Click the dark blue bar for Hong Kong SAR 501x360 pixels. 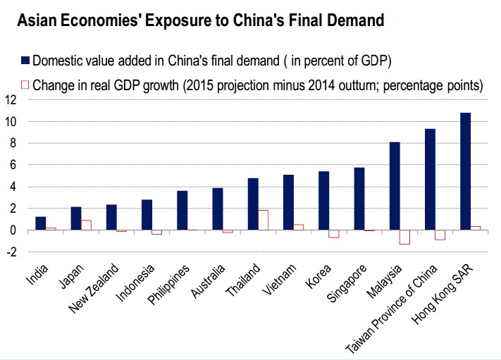(x=465, y=171)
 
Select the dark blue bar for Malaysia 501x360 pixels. (x=395, y=186)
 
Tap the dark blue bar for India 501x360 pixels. (x=41, y=223)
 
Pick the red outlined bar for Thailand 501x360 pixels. (x=263, y=220)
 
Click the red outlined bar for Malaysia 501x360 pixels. (x=404, y=237)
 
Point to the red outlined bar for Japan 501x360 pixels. (x=86, y=225)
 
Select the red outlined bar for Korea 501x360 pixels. (x=333, y=234)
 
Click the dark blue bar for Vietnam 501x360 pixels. (x=288, y=202)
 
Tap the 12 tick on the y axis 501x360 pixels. (x=10, y=100)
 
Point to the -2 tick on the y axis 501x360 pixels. (x=10, y=252)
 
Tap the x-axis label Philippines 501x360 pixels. (x=170, y=282)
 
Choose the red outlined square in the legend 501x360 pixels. (x=25, y=85)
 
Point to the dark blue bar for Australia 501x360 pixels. (x=218, y=209)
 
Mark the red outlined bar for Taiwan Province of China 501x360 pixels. (x=440, y=235)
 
